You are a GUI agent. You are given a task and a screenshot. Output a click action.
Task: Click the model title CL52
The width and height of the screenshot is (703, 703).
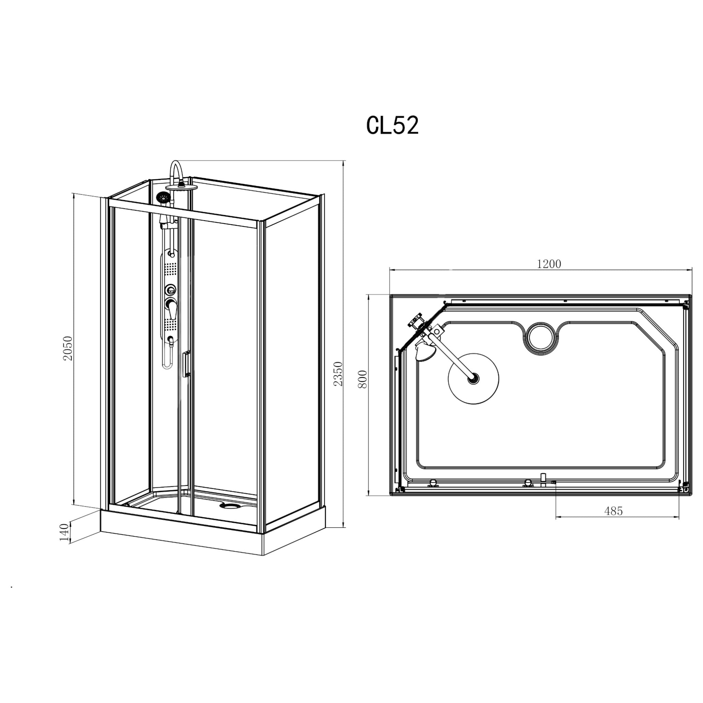[392, 126]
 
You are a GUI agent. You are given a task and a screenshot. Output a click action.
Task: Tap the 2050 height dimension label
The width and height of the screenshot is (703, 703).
[68, 348]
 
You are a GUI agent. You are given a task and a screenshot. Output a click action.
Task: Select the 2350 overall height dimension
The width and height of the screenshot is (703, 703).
[338, 374]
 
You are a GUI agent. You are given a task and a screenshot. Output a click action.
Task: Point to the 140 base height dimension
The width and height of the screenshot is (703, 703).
[64, 532]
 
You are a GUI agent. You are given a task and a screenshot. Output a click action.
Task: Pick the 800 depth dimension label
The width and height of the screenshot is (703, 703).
[363, 379]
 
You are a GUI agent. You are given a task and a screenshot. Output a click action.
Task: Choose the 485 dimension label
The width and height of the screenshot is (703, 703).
[613, 511]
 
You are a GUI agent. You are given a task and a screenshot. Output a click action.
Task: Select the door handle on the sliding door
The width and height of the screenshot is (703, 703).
[186, 364]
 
